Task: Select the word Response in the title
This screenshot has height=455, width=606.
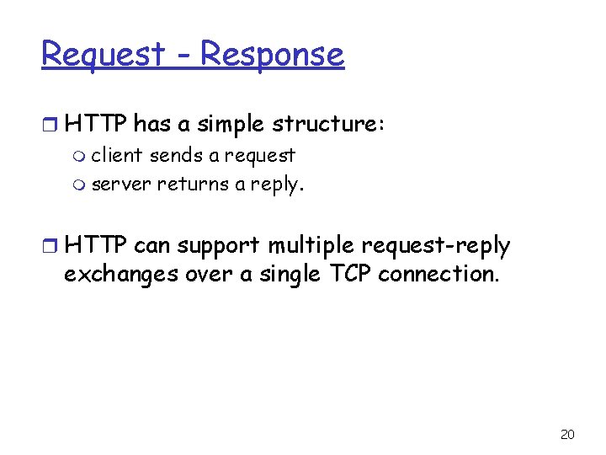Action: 272,55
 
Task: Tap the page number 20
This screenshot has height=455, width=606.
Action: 567,434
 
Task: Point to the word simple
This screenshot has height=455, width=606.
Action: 229,125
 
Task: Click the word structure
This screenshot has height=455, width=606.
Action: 327,125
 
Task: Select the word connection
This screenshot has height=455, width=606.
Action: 439,274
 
